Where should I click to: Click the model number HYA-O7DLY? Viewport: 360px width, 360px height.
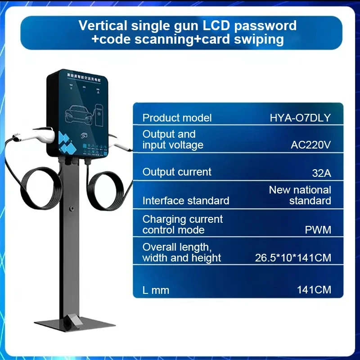coord(300,118)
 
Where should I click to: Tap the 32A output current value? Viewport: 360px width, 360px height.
coord(321,172)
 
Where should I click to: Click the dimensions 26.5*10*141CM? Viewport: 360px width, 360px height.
coord(293,258)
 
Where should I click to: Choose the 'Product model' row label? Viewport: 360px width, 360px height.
coord(177,118)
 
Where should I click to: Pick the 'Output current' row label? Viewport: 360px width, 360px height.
coord(177,172)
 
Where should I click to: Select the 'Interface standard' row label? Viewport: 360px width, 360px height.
coord(186,201)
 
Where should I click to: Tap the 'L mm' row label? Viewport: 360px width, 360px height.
coord(156,290)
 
